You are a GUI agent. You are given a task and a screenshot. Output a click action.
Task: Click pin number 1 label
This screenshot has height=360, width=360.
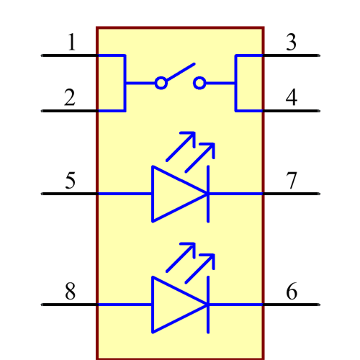pyautogui.click(x=71, y=42)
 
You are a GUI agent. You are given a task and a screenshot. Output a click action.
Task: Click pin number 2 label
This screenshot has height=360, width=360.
pyautogui.click(x=70, y=97)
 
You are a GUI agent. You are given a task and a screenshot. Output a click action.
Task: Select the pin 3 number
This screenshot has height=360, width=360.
pyautogui.click(x=291, y=42)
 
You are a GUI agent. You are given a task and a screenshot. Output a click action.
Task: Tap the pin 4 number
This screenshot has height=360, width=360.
pyautogui.click(x=291, y=97)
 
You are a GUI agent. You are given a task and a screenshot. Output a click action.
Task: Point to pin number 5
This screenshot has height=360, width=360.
pyautogui.click(x=70, y=180)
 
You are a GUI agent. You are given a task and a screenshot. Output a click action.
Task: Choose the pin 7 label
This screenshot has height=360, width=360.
pyautogui.click(x=291, y=180)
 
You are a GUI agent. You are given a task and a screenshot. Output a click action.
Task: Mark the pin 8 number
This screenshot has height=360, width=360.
pyautogui.click(x=70, y=292)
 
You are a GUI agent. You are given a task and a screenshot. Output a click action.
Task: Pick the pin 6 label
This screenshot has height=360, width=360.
pyautogui.click(x=291, y=292)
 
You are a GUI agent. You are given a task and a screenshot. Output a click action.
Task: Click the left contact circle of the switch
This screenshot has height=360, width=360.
pyautogui.click(x=161, y=84)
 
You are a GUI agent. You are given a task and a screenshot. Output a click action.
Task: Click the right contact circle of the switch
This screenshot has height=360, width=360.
pyautogui.click(x=199, y=84)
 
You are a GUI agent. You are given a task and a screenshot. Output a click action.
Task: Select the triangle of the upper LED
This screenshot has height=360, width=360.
pyautogui.click(x=173, y=194)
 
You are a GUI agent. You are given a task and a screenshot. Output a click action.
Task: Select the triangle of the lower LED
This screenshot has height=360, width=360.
pyautogui.click(x=173, y=305)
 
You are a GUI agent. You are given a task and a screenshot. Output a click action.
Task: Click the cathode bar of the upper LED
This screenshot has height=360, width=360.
pyautogui.click(x=208, y=194)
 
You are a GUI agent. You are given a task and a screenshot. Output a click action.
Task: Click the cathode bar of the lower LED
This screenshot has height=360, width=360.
pyautogui.click(x=208, y=305)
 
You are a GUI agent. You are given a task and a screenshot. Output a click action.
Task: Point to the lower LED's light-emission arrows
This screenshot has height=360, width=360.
pyautogui.click(x=192, y=260)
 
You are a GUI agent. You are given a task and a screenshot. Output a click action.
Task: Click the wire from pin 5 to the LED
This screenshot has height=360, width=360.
pyautogui.click(x=124, y=194)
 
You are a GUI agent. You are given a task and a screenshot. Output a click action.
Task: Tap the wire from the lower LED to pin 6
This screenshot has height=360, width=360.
pyautogui.click(x=236, y=305)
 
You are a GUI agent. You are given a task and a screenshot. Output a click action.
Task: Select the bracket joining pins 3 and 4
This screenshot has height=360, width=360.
pyautogui.click(x=236, y=83)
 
